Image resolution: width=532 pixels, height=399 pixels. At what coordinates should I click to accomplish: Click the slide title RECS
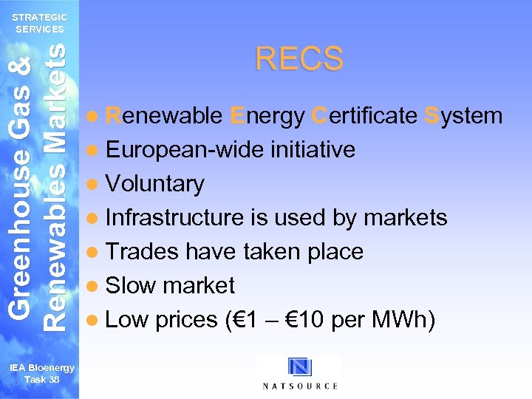pos(299,59)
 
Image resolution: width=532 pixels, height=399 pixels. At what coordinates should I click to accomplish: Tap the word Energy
pos(267,116)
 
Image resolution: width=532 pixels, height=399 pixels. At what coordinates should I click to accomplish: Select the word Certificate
pos(364,116)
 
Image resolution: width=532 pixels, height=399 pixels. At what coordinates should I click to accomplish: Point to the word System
pos(464,116)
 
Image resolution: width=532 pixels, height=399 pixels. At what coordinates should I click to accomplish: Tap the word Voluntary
pos(154,184)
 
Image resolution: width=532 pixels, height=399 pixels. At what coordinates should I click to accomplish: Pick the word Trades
pos(142,252)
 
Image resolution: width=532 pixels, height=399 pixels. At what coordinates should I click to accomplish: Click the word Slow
pos(129,286)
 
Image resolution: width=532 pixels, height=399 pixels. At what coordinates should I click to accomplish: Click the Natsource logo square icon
pos(300,367)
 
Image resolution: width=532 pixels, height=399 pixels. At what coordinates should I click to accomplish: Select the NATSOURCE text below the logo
pos(300,386)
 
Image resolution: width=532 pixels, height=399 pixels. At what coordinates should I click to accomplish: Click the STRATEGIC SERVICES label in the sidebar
pos(41,23)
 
